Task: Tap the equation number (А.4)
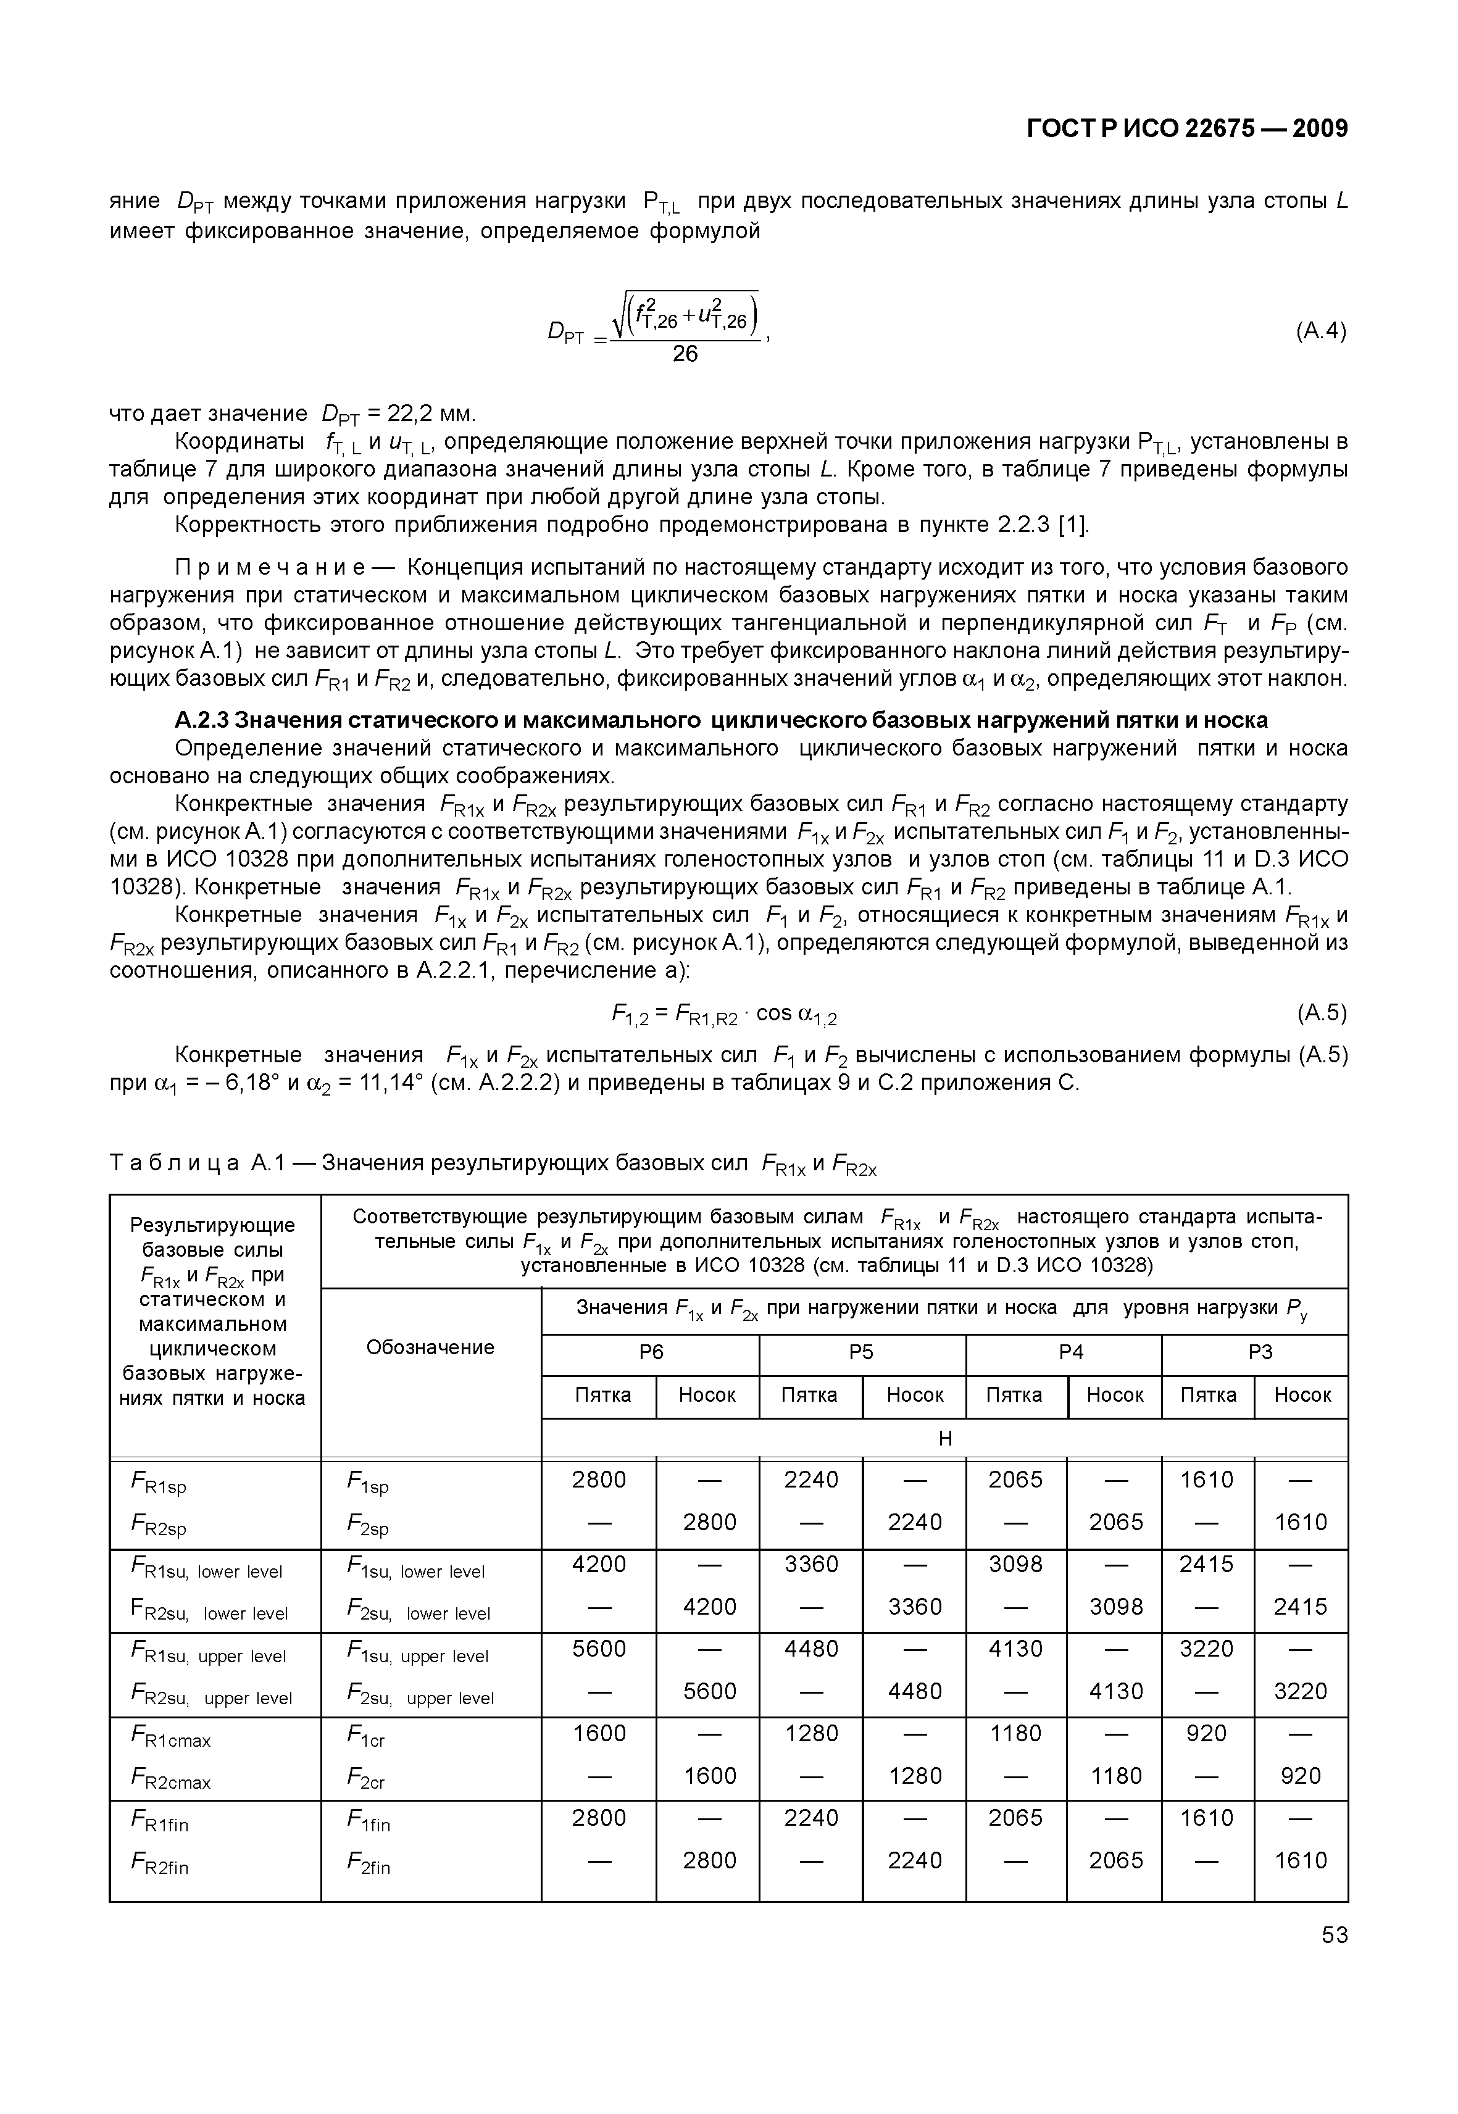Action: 1320,331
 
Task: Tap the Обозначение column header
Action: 430,1347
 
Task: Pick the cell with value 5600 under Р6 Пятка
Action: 599,1649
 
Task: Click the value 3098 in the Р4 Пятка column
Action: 1016,1564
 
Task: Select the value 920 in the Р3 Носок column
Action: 1301,1776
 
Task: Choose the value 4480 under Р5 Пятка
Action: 811,1649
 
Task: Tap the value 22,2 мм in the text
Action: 430,414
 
